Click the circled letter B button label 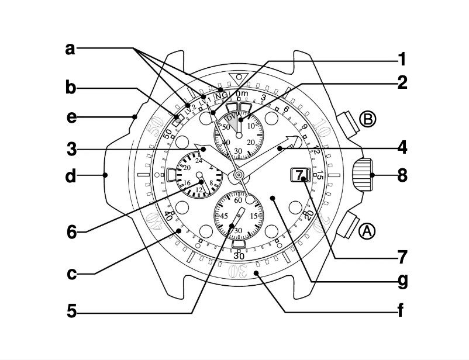pyautogui.click(x=368, y=119)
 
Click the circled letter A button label pyautogui.click(x=367, y=231)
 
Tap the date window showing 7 pyautogui.click(x=299, y=175)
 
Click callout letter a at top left pyautogui.click(x=70, y=49)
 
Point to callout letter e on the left pyautogui.click(x=71, y=117)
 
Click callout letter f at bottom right pyautogui.click(x=401, y=310)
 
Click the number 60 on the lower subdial pyautogui.click(x=238, y=200)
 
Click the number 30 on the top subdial pyautogui.click(x=239, y=151)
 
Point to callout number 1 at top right pyautogui.click(x=402, y=59)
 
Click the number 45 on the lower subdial pyautogui.click(x=223, y=216)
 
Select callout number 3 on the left pyautogui.click(x=71, y=150)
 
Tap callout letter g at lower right pyautogui.click(x=401, y=281)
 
